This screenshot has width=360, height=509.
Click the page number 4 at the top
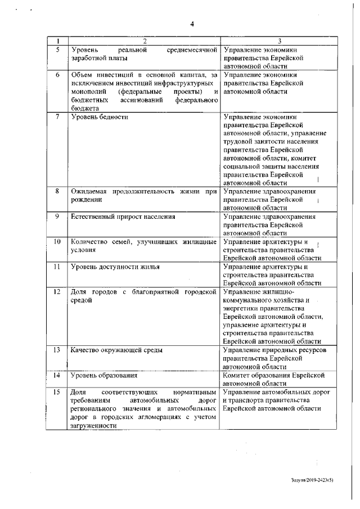pos(191,24)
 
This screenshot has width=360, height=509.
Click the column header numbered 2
pos(144,41)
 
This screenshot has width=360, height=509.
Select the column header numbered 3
pos(280,41)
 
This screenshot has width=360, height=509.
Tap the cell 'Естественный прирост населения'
pos(123,217)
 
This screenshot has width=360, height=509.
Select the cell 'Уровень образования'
pos(104,375)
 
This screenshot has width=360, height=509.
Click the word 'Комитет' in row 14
pos(238,375)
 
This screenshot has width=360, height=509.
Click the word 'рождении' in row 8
pos(86,200)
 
